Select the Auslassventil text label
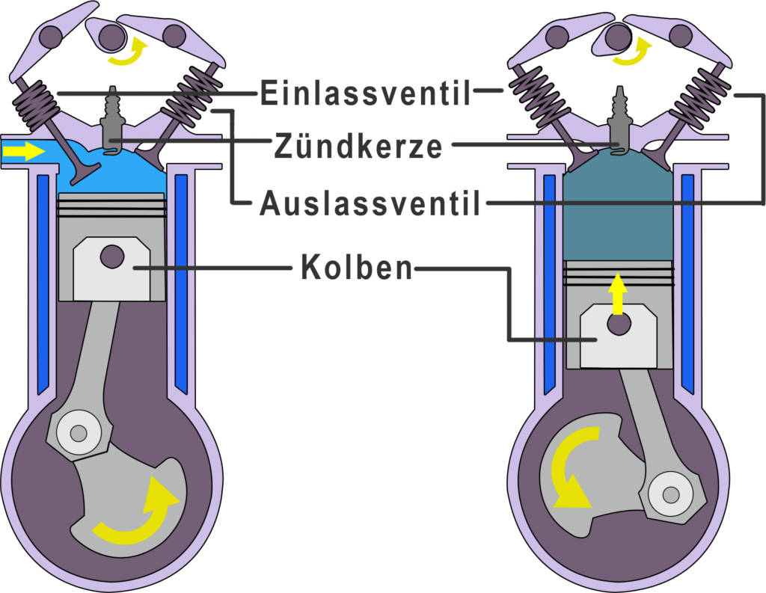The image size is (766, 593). click(370, 203)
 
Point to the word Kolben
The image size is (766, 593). click(356, 268)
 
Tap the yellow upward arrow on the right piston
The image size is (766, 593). click(616, 293)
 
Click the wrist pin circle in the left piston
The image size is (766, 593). click(112, 256)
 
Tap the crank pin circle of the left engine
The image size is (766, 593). click(77, 433)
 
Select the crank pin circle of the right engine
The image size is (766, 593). click(670, 494)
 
